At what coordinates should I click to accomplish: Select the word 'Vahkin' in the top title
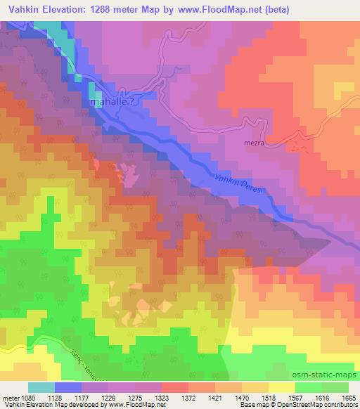point(20,11)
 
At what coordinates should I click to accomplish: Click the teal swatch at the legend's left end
point(41,387)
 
